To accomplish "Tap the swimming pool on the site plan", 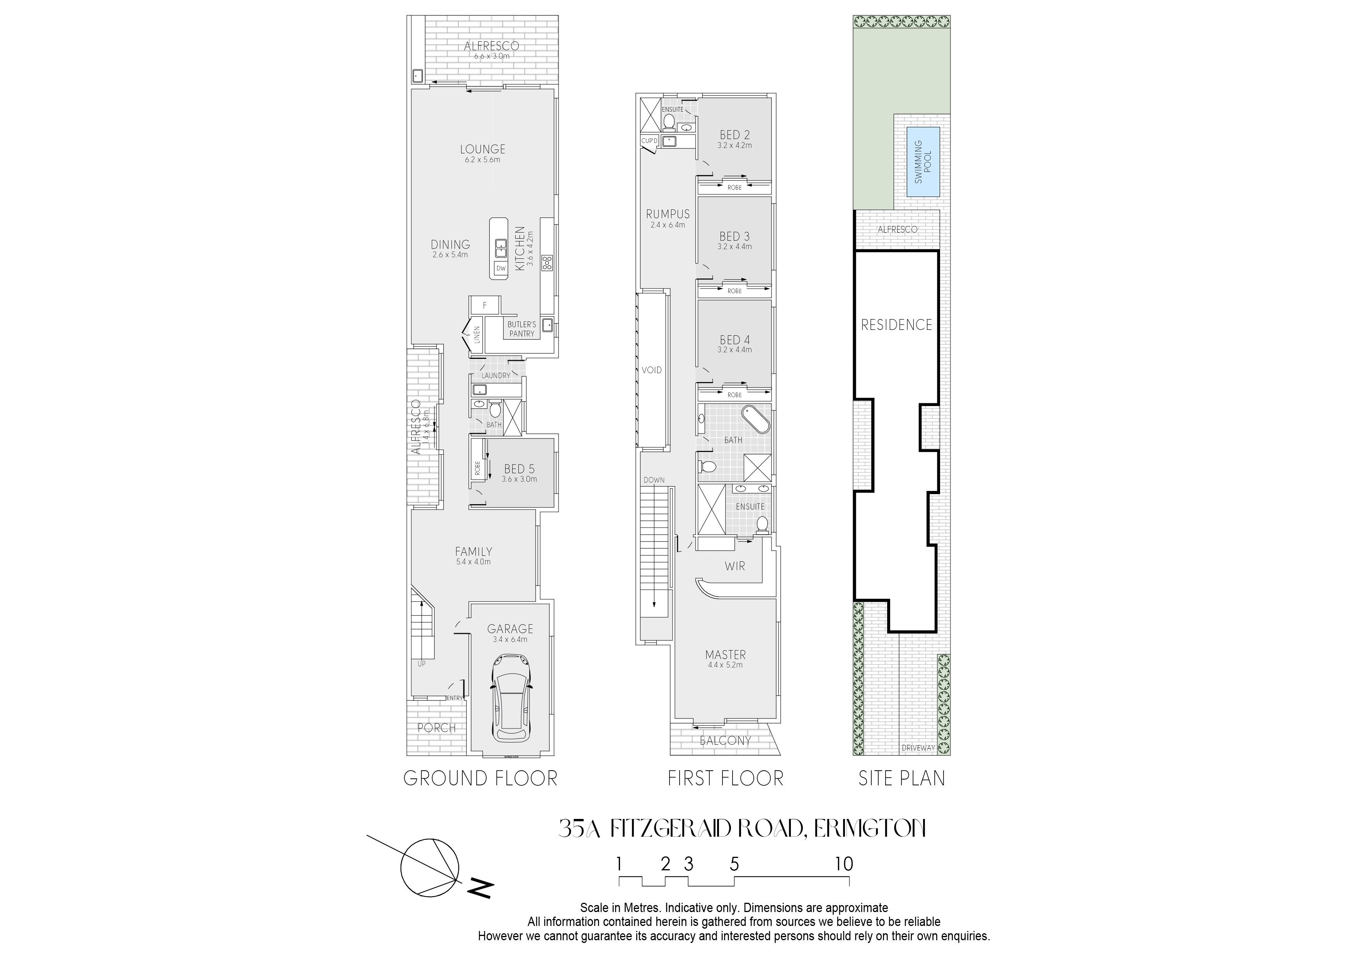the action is tap(923, 162).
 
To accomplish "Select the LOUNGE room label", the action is tap(482, 149).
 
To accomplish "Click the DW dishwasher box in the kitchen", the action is tap(501, 268).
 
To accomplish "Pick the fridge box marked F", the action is tap(485, 305).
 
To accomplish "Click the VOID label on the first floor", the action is tap(652, 370).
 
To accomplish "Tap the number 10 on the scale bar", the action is tap(844, 864).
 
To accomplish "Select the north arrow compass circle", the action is tap(430, 868).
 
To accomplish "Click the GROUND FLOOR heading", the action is tap(480, 778).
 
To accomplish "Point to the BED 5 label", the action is tap(519, 469).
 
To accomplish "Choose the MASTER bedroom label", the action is tap(725, 655).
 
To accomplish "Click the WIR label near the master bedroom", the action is tap(735, 566).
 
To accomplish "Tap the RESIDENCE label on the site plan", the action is tap(896, 324).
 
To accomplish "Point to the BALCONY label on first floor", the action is tap(725, 740).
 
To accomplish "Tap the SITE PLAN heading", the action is tap(902, 778).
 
